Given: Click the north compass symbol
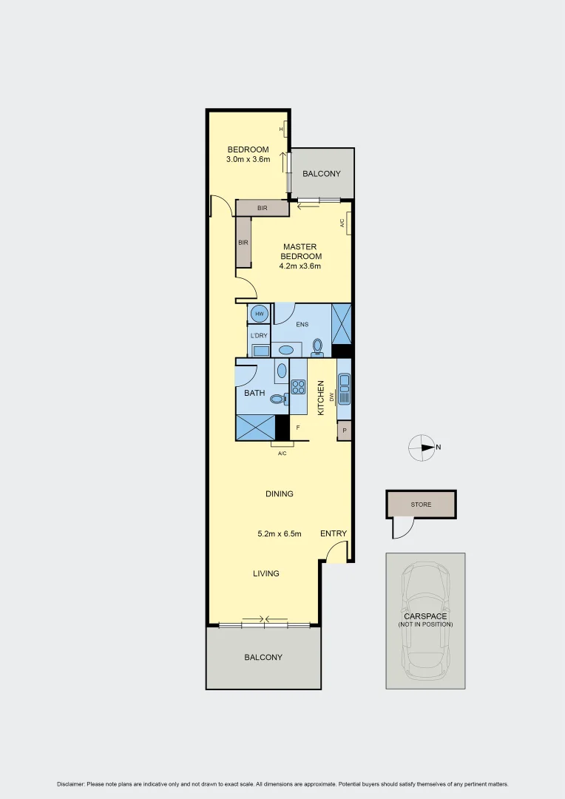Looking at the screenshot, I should [x=422, y=448].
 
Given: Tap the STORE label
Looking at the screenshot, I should [x=421, y=505].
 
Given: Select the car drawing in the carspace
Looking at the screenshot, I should [x=425, y=620].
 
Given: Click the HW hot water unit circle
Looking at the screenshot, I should [x=260, y=314].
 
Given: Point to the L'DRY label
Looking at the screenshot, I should [x=259, y=336].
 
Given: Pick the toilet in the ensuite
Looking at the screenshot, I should [x=318, y=347].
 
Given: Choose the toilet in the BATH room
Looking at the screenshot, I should [x=277, y=399].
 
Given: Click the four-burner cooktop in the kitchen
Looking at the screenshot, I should [x=298, y=386].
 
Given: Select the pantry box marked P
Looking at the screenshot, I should [x=344, y=431].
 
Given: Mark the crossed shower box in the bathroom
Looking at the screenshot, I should [x=255, y=427].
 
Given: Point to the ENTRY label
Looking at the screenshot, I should [x=333, y=533].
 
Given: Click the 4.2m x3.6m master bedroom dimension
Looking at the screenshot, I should [x=300, y=266].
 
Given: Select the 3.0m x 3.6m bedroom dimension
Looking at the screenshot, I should [x=248, y=159].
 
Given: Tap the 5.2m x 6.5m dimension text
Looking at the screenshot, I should [x=279, y=533].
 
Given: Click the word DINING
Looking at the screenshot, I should [x=280, y=493].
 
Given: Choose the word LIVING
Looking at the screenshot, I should [x=265, y=573].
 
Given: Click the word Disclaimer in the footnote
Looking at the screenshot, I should [x=71, y=784].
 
